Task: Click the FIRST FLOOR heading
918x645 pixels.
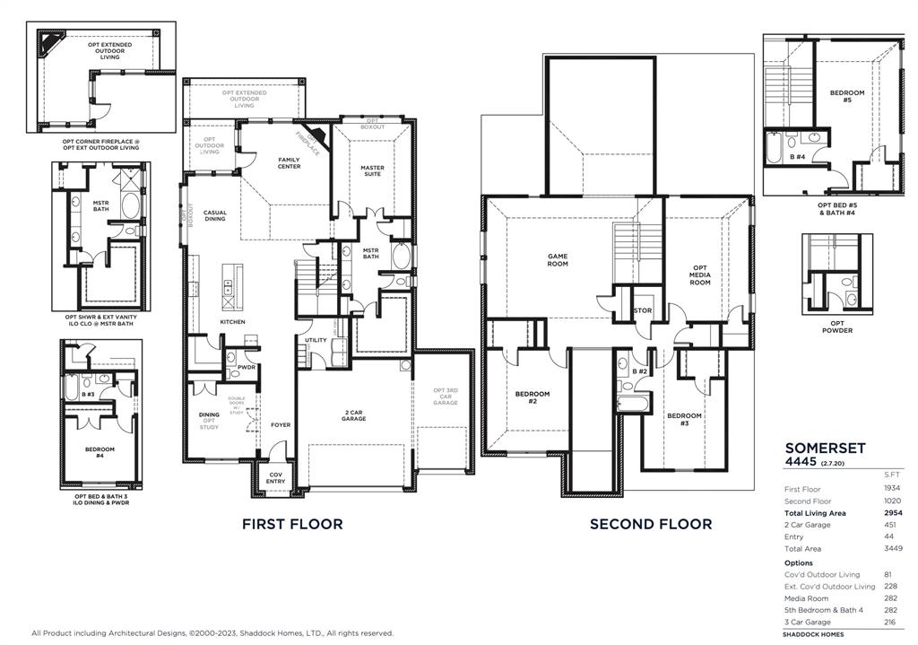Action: [292, 524]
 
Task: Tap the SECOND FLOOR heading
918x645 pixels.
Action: [651, 524]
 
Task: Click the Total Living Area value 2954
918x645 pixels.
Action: [892, 513]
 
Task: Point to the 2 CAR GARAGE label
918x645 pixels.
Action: [353, 415]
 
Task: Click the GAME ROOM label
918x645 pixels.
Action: [558, 260]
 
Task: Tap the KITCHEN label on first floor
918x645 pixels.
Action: [232, 322]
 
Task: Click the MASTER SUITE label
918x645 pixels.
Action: [372, 170]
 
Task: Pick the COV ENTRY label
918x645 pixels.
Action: [275, 478]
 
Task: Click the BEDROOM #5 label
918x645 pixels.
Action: [847, 97]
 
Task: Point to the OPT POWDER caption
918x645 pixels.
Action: [836, 327]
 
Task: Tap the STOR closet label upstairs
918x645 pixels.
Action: [643, 311]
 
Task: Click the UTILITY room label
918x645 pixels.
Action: [316, 340]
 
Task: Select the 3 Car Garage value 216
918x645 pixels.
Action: [893, 622]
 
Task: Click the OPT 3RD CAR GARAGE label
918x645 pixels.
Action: [446, 397]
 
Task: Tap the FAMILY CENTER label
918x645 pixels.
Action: [289, 163]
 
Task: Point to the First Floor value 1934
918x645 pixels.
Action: [892, 489]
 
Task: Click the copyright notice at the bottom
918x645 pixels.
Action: [212, 633]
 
